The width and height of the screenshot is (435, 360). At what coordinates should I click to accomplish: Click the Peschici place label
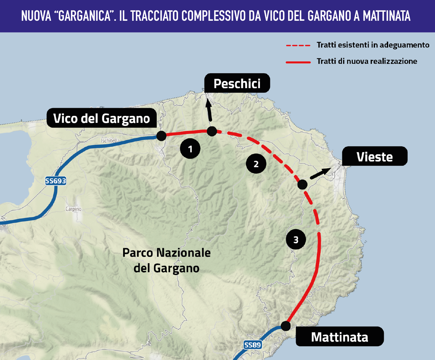pyautogui.click(x=237, y=83)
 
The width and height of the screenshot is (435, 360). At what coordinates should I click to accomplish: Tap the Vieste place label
pyautogui.click(x=374, y=157)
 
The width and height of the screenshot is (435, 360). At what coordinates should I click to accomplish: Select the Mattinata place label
pyautogui.click(x=339, y=337)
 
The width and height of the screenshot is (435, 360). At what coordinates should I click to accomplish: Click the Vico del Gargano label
pyautogui.click(x=101, y=118)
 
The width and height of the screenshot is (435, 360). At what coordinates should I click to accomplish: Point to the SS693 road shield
pyautogui.click(x=56, y=181)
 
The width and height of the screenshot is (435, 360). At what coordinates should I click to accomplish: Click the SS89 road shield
pyautogui.click(x=252, y=345)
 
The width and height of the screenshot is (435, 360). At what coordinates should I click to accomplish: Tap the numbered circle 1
pyautogui.click(x=190, y=149)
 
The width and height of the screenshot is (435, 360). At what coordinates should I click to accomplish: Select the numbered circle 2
pyautogui.click(x=256, y=164)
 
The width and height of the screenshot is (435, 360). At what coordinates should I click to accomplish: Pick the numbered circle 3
pyautogui.click(x=296, y=240)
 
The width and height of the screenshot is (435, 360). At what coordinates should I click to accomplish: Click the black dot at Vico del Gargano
pyautogui.click(x=161, y=136)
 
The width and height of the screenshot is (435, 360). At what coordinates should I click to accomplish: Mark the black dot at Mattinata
pyautogui.click(x=285, y=326)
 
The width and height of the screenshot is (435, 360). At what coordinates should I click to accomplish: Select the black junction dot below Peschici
pyautogui.click(x=212, y=131)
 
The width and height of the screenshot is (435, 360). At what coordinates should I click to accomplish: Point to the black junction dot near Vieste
pyautogui.click(x=302, y=184)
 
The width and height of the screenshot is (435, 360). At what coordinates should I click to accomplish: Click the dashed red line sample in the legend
pyautogui.click(x=298, y=45)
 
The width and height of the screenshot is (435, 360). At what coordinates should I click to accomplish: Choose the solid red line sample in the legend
pyautogui.click(x=298, y=62)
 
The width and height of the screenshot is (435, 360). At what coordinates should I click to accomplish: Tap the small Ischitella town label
pyautogui.click(x=110, y=141)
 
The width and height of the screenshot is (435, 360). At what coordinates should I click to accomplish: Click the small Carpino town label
pyautogui.click(x=73, y=209)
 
